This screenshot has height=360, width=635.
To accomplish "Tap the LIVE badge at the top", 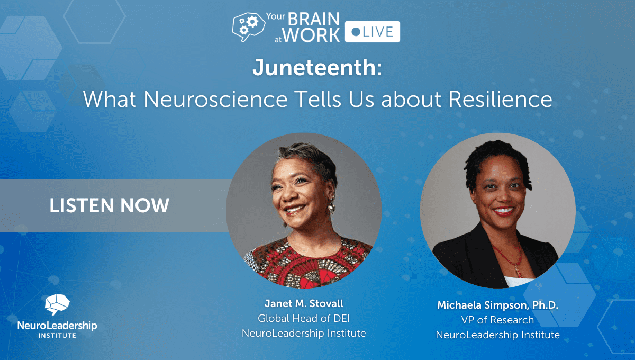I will pos(372,32).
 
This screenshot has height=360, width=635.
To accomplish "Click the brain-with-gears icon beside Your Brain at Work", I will pos(247,27).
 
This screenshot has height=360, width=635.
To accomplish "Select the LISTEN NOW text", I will pos(110,205).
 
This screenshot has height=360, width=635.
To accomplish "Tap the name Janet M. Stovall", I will pos(304,304).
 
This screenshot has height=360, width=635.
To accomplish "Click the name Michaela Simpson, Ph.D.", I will pos(497,305).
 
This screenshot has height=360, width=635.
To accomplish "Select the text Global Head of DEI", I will pos(304,319).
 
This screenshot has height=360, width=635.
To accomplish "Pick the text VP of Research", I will pos(497,320).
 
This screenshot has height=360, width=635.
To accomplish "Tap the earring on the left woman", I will pos(332,205).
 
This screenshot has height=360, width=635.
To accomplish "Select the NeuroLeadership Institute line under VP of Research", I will pos(497,335).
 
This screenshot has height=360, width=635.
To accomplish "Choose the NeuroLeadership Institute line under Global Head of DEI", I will pos(304,334).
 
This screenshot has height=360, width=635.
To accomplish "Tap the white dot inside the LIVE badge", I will pos(356,32).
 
